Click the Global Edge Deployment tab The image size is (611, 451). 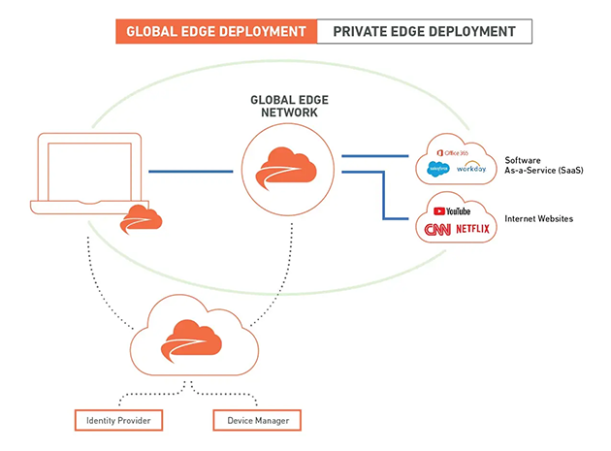point(216,31)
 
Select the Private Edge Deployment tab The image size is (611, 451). point(424,31)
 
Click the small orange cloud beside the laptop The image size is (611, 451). point(141,220)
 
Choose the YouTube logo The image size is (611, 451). point(453,210)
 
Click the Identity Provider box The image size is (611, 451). point(117,420)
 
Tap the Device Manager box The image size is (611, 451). point(256,420)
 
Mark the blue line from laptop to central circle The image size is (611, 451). point(193,172)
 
